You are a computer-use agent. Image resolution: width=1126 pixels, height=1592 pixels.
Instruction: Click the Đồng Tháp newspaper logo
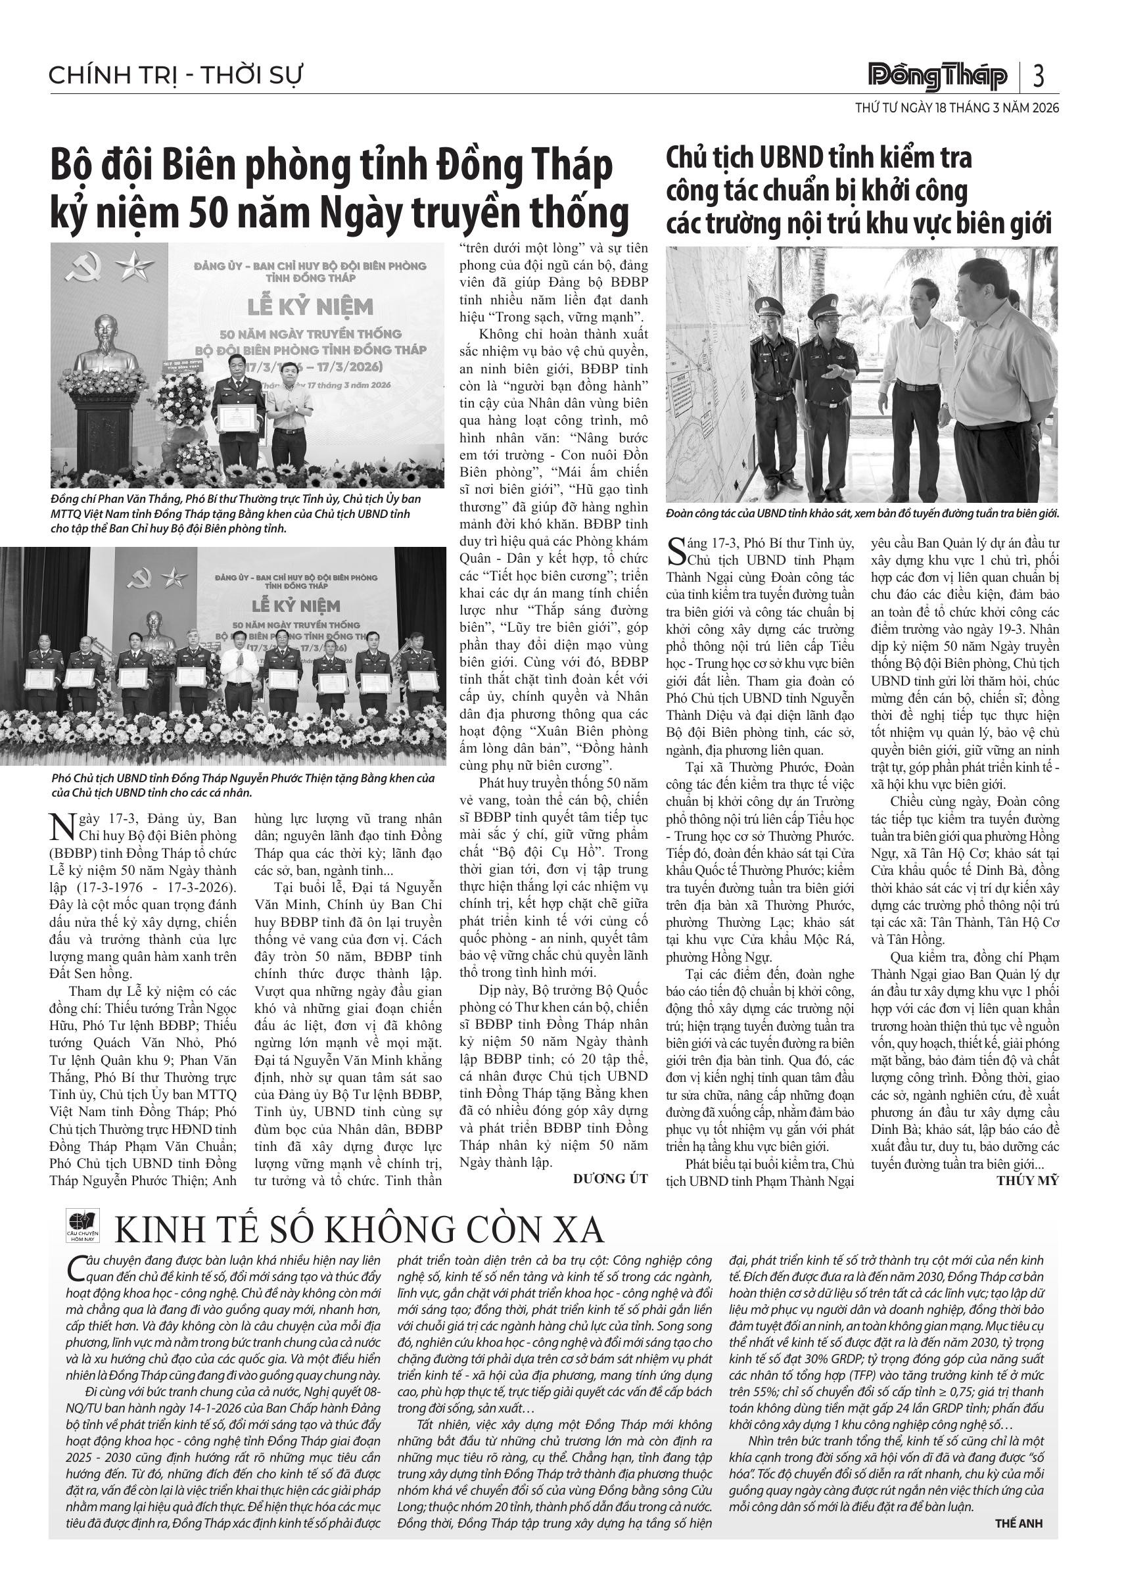(x=938, y=76)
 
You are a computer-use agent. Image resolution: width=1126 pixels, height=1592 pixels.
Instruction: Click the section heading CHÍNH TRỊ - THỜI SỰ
(x=176, y=76)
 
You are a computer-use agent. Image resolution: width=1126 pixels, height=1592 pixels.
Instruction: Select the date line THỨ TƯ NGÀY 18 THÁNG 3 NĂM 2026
(x=957, y=108)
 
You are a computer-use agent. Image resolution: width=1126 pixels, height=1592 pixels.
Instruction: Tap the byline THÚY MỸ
(x=1027, y=1180)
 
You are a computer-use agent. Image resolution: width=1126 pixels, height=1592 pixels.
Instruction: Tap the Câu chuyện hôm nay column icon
(x=83, y=1225)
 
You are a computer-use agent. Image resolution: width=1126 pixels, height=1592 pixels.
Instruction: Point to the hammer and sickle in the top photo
(x=88, y=266)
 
